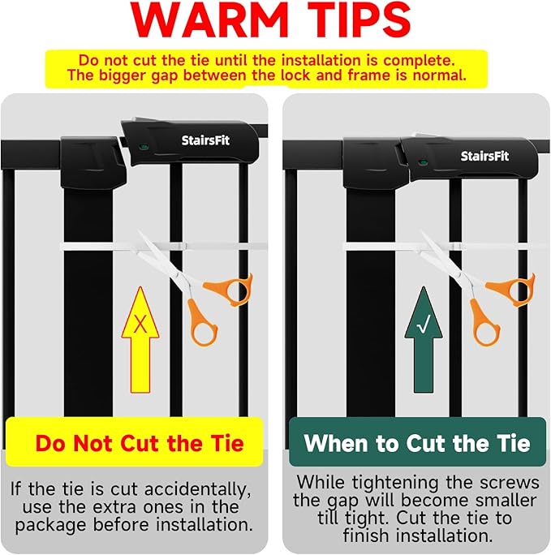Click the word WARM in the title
tap(209, 19)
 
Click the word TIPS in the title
tap(359, 19)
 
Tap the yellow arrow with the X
tap(140, 340)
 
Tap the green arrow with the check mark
tap(424, 340)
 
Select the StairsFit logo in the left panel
tap(205, 140)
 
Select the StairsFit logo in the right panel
tap(484, 156)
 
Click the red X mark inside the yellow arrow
tap(140, 324)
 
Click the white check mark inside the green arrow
tap(424, 325)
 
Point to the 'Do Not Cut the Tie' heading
tap(140, 443)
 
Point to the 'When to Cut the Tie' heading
tap(417, 443)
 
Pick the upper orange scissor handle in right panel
tap(510, 289)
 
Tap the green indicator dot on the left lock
tap(143, 146)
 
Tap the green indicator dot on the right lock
tap(422, 162)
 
